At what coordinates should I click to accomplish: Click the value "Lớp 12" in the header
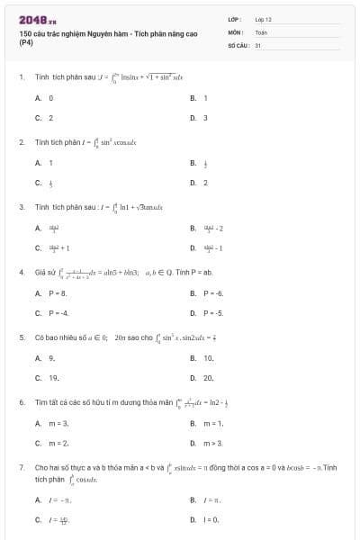pos(263,18)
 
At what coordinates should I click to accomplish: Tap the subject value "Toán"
pos(261,31)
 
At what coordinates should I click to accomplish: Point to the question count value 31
pos(258,44)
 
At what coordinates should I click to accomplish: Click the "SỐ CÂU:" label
pos(237,44)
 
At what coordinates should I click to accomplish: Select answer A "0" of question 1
pos(50,97)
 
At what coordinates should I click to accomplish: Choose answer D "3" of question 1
pos(205,117)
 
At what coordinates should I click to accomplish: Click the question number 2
pos(21,142)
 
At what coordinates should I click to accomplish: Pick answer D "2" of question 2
pos(205,183)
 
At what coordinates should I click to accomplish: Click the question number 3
pos(21,207)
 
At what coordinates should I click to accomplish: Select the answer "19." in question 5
pos(53,378)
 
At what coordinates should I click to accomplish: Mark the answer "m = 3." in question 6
pos(58,423)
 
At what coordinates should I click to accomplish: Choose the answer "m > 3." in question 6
pos(212,443)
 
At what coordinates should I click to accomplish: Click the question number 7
pos(21,468)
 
